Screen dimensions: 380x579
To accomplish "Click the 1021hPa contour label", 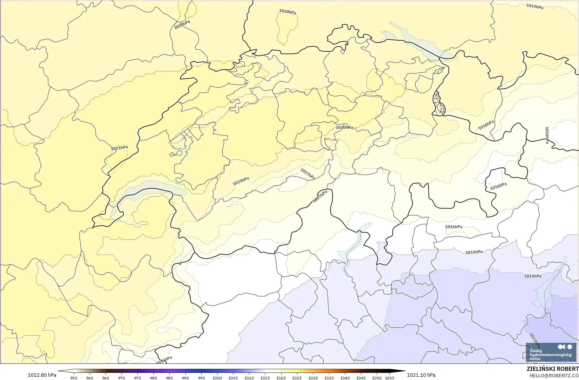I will pyautogui.click(x=120, y=148).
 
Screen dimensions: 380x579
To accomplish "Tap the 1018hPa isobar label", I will pyautogui.click(x=486, y=125).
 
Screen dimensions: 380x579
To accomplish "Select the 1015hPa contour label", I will pyautogui.click(x=474, y=252).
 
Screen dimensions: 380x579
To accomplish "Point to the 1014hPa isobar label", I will pyautogui.click(x=533, y=276).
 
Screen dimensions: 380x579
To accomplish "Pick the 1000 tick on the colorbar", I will pyautogui.click(x=217, y=378).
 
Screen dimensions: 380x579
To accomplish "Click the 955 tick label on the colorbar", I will pyautogui.click(x=74, y=378).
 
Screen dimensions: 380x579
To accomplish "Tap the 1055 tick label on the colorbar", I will pyautogui.click(x=390, y=378).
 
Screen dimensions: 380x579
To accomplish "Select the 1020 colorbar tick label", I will pyautogui.click(x=281, y=378).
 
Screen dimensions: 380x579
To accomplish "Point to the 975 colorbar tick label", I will pyautogui.click(x=138, y=378).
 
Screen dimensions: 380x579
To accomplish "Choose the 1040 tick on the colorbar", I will pyautogui.click(x=345, y=378).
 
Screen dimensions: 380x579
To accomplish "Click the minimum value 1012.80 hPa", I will pyautogui.click(x=42, y=375).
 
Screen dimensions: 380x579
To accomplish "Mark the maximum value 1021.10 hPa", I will pyautogui.click(x=421, y=375).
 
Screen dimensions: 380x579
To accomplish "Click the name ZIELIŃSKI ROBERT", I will pyautogui.click(x=552, y=369).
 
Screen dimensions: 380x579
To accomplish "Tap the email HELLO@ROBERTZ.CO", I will pyautogui.click(x=554, y=376).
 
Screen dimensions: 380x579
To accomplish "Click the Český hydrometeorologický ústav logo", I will pyautogui.click(x=551, y=352).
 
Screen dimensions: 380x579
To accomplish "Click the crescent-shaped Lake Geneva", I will pyautogui.click(x=148, y=189).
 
